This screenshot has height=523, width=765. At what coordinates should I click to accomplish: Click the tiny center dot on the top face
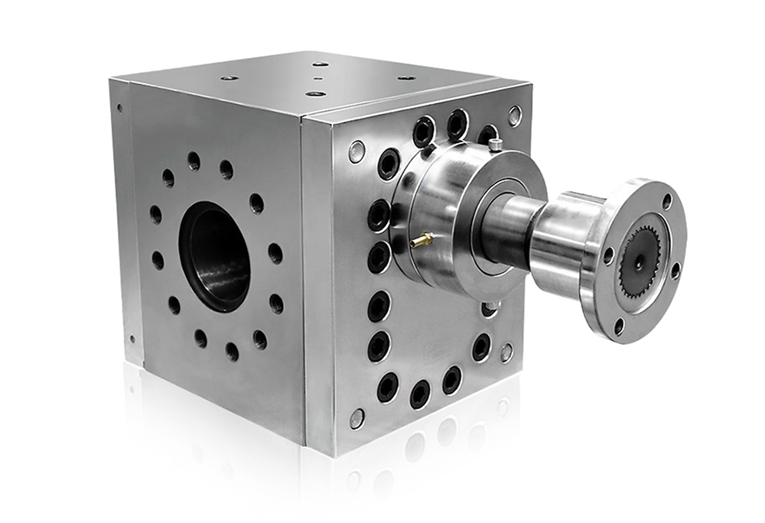(x=314, y=79)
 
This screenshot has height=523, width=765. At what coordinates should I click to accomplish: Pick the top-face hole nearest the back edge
(x=321, y=65)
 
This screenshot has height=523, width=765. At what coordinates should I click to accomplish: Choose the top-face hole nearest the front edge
(x=315, y=93)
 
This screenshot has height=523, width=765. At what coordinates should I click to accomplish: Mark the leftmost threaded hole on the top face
(x=229, y=78)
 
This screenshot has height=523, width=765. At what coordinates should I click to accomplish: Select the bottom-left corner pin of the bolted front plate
(x=356, y=417)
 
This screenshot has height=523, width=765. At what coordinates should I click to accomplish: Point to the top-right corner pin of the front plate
(x=514, y=115)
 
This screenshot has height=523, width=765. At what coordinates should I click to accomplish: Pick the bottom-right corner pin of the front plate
(x=506, y=352)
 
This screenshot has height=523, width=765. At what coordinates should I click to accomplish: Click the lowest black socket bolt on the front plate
(x=419, y=394)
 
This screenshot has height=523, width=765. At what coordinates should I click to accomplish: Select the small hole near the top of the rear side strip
(x=119, y=108)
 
